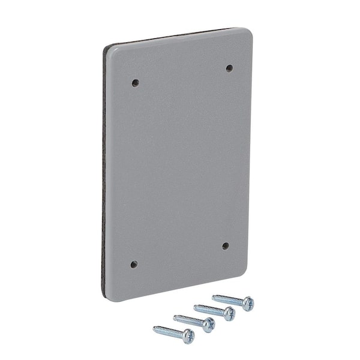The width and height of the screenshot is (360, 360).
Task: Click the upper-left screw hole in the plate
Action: (135, 82)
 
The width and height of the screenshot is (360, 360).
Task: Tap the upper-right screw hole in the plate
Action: (229, 68)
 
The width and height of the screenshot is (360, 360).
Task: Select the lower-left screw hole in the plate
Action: (134, 264)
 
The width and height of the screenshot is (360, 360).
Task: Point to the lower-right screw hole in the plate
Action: (225, 245)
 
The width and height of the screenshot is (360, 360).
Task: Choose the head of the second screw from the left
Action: (208, 325)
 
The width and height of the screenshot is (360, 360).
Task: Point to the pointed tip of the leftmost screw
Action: (154, 328)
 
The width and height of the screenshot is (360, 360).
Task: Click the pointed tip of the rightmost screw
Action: (213, 296)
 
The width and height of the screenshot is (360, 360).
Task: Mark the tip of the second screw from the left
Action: (174, 316)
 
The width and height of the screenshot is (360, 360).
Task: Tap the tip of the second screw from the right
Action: (194, 306)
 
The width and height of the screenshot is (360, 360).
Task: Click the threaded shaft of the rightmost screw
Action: (228, 299)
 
